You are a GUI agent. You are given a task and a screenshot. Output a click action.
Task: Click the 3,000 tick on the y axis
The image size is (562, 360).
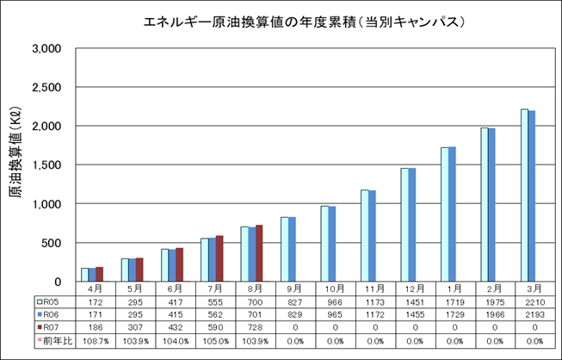(x=45, y=49)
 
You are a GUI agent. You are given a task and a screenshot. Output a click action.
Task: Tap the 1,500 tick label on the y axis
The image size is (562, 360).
(x=45, y=165)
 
